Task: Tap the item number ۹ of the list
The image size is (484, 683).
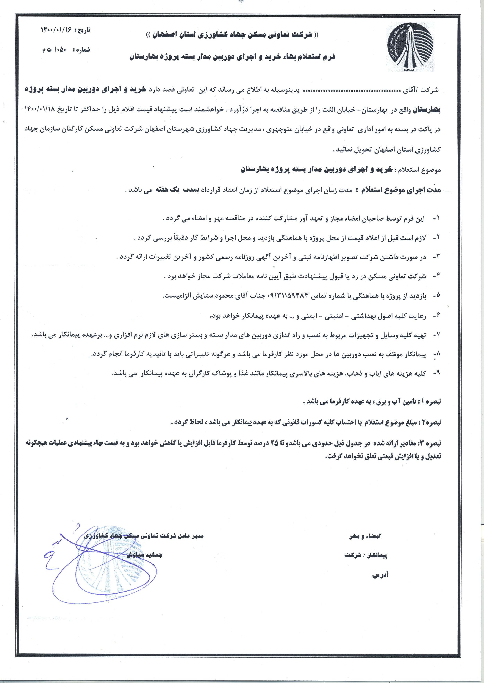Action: point(436,373)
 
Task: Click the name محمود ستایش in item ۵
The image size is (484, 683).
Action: point(215,296)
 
